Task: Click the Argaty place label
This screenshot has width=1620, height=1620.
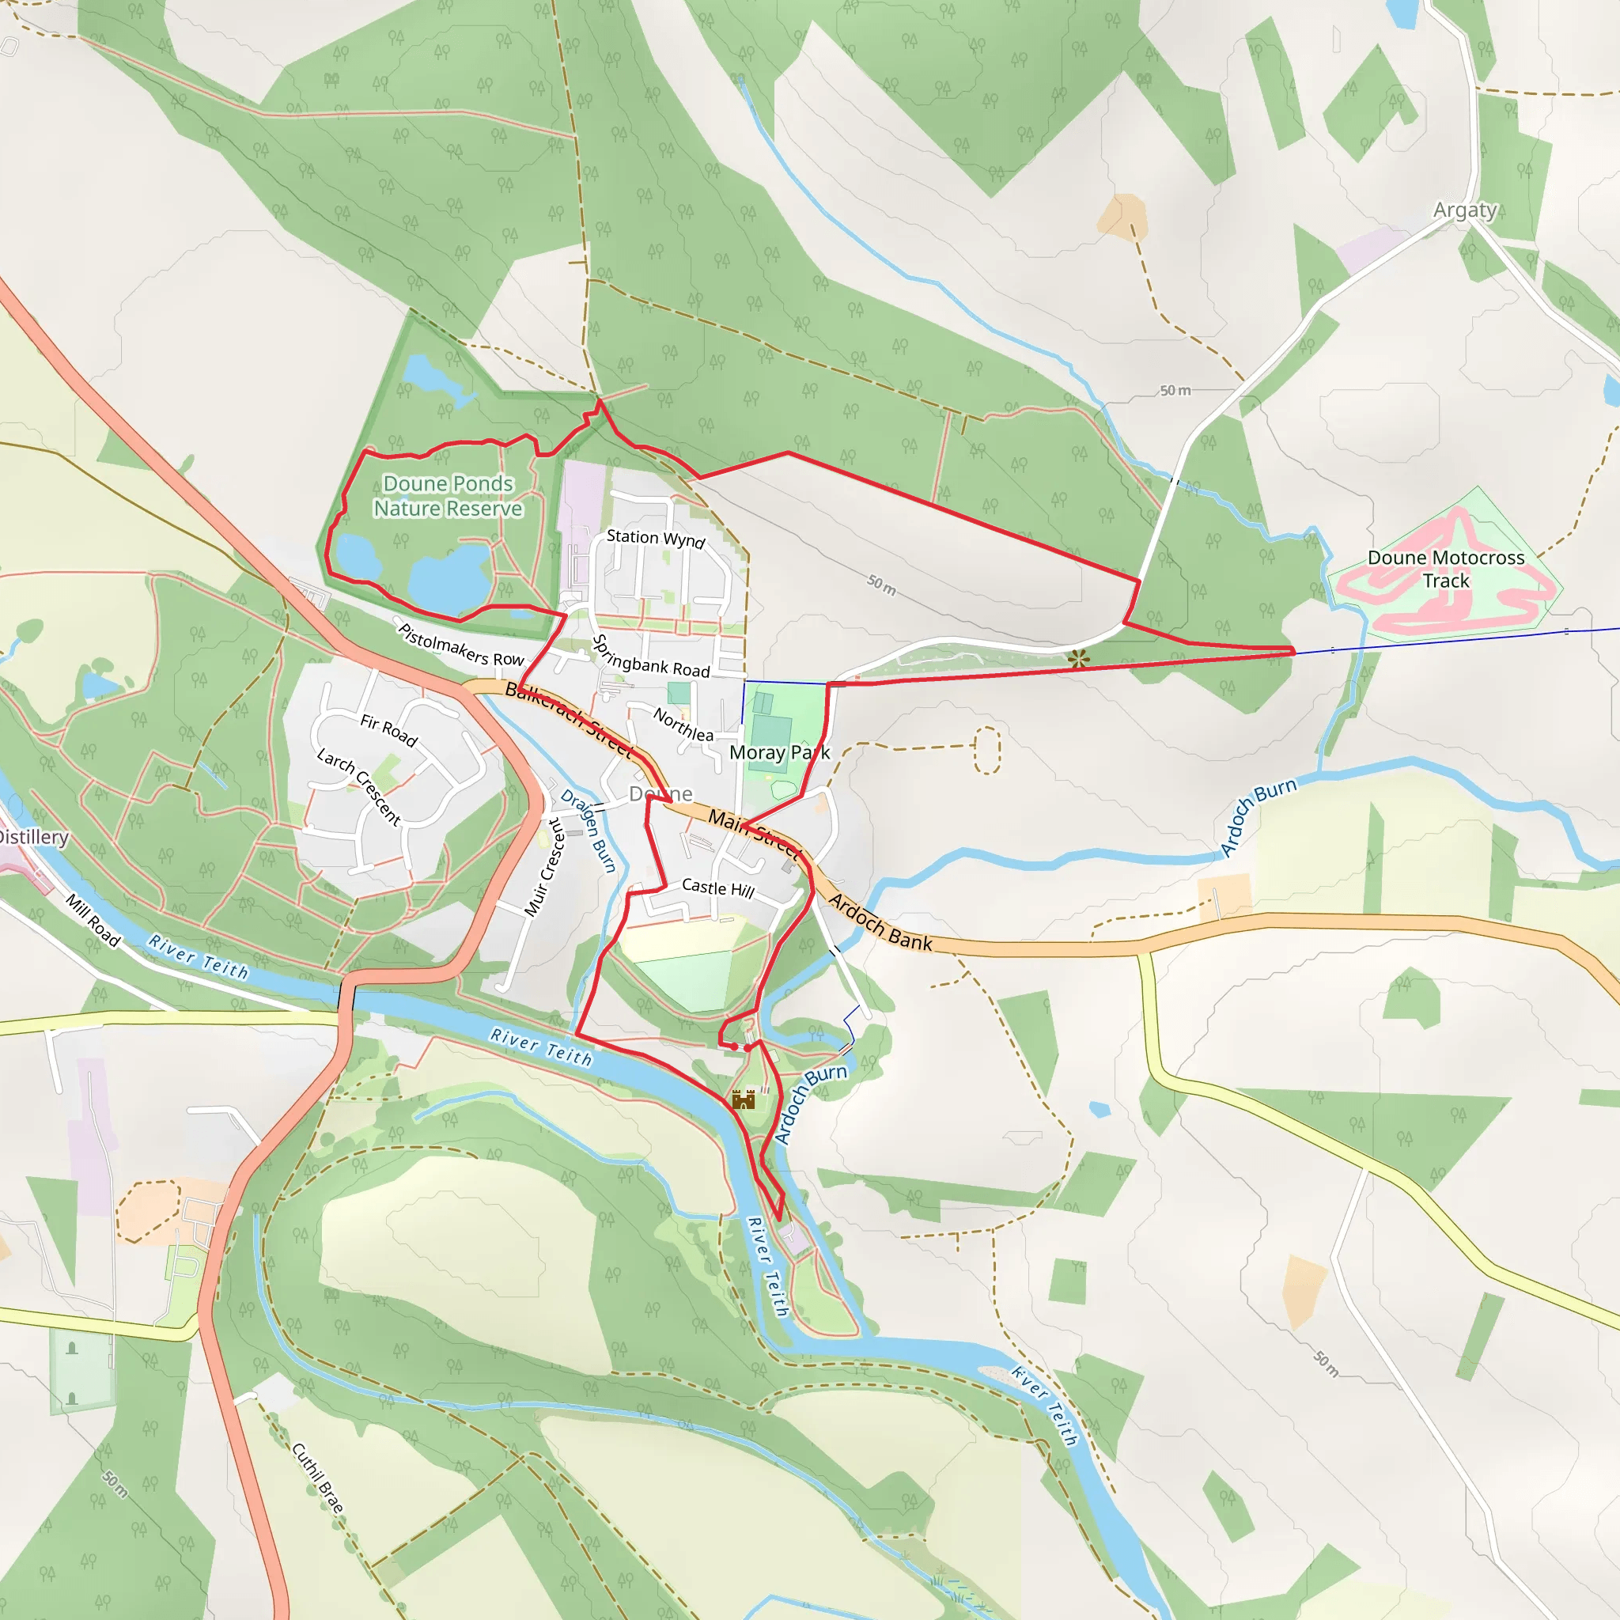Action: (x=1465, y=210)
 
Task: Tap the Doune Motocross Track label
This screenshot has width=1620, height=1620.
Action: (x=1446, y=570)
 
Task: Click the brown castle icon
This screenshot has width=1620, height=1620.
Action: (x=744, y=1100)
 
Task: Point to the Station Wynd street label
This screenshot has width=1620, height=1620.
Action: (x=656, y=539)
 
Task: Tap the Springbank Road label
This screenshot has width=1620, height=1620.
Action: (x=651, y=657)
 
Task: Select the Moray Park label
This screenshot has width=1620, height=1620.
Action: (x=779, y=753)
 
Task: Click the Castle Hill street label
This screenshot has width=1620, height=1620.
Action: (x=717, y=888)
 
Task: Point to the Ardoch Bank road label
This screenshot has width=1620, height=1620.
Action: (x=880, y=923)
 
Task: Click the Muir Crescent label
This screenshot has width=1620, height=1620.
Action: (x=545, y=867)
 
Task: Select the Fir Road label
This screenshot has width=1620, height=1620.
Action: (x=388, y=730)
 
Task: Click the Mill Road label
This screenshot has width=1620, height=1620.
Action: (x=93, y=921)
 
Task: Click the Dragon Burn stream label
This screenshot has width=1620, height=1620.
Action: (x=589, y=830)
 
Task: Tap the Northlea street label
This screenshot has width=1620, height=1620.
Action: (x=683, y=725)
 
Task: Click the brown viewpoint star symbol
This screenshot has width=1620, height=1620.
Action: (x=1079, y=658)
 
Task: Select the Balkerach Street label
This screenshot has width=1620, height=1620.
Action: (x=568, y=718)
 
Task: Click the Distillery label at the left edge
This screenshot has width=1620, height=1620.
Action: (x=33, y=837)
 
